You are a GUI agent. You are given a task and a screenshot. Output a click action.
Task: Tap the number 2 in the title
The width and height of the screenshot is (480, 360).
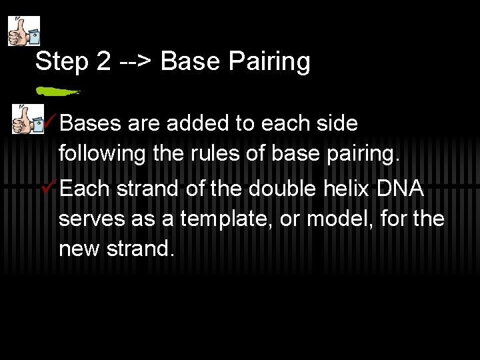103,61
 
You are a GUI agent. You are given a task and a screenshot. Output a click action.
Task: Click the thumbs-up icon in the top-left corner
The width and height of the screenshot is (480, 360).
23,31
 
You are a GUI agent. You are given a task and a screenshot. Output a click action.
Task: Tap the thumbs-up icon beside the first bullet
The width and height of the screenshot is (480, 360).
25,119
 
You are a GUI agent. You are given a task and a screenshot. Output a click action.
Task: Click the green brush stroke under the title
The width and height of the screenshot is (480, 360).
57,89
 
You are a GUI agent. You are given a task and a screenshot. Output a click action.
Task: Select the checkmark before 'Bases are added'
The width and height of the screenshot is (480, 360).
49,123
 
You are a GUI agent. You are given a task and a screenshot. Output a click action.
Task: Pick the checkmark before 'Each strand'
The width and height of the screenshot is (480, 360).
49,188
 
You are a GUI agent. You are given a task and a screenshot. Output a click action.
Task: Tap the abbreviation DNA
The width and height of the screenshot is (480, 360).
400,189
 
